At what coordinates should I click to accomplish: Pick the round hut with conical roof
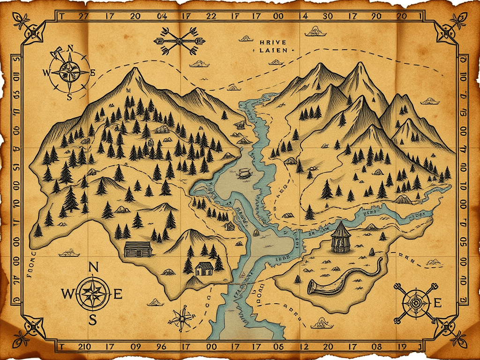(340, 236)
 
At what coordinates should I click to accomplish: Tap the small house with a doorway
(204, 269)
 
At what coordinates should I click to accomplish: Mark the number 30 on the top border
(327, 15)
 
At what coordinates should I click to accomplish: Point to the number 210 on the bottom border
(84, 347)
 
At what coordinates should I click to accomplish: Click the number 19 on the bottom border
(401, 347)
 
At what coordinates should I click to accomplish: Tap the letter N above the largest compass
(93, 267)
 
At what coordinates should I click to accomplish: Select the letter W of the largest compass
(67, 294)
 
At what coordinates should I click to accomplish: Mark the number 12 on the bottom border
(303, 347)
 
